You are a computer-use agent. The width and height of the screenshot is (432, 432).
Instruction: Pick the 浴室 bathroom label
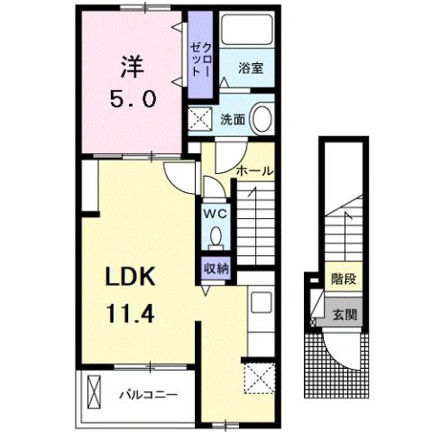pyautogui.click(x=251, y=69)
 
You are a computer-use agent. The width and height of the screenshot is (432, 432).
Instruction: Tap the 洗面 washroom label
pyautogui.click(x=232, y=119)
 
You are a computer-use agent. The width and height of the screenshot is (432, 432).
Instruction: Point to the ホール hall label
pyautogui.click(x=254, y=170)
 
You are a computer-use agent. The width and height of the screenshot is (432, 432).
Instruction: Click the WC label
pyautogui.click(x=215, y=214)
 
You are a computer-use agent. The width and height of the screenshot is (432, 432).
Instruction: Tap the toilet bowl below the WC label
pyautogui.click(x=215, y=237)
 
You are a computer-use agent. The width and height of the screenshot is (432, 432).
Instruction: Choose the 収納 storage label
pyautogui.click(x=215, y=267)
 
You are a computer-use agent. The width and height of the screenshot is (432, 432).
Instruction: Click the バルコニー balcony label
pyautogui.click(x=148, y=394)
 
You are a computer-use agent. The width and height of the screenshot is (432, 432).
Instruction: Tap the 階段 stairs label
pyautogui.click(x=342, y=280)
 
